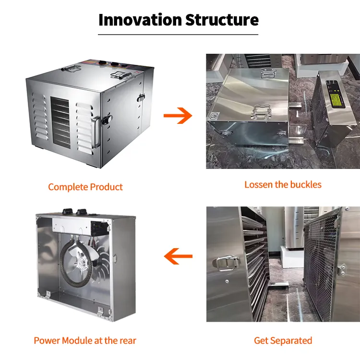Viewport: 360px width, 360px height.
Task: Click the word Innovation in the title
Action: point(140,20)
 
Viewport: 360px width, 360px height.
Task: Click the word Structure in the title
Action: point(222,20)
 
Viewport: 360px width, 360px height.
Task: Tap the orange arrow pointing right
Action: point(178,116)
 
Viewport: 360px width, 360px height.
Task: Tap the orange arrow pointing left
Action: point(178,256)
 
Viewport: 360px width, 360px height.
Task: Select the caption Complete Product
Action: point(85,187)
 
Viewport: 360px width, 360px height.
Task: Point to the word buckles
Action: point(306,185)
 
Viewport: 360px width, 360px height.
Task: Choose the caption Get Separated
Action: point(283,340)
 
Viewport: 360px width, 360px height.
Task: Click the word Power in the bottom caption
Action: point(47,340)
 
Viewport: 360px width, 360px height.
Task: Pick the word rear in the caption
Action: point(128,341)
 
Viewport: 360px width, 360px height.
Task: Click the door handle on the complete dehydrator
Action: point(96,132)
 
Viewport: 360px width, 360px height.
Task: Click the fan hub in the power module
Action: point(81,262)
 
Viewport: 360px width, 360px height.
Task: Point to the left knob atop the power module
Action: point(68,211)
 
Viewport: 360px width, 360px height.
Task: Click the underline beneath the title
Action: point(178,35)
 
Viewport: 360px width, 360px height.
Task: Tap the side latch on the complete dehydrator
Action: point(141,97)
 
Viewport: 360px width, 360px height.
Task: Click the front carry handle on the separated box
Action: point(261,112)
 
